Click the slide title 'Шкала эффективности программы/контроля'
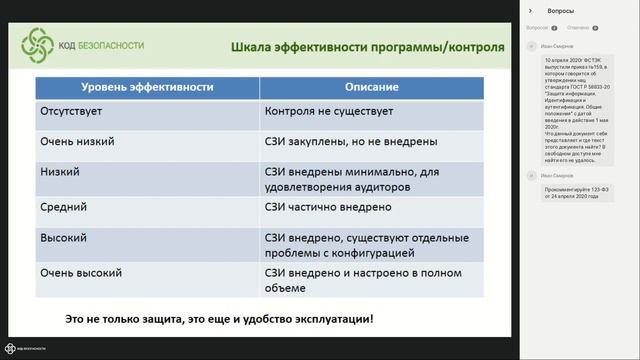point(367,47)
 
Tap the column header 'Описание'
point(372,88)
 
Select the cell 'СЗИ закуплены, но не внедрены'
point(352,143)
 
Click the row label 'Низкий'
point(60,172)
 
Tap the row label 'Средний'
point(64,207)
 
